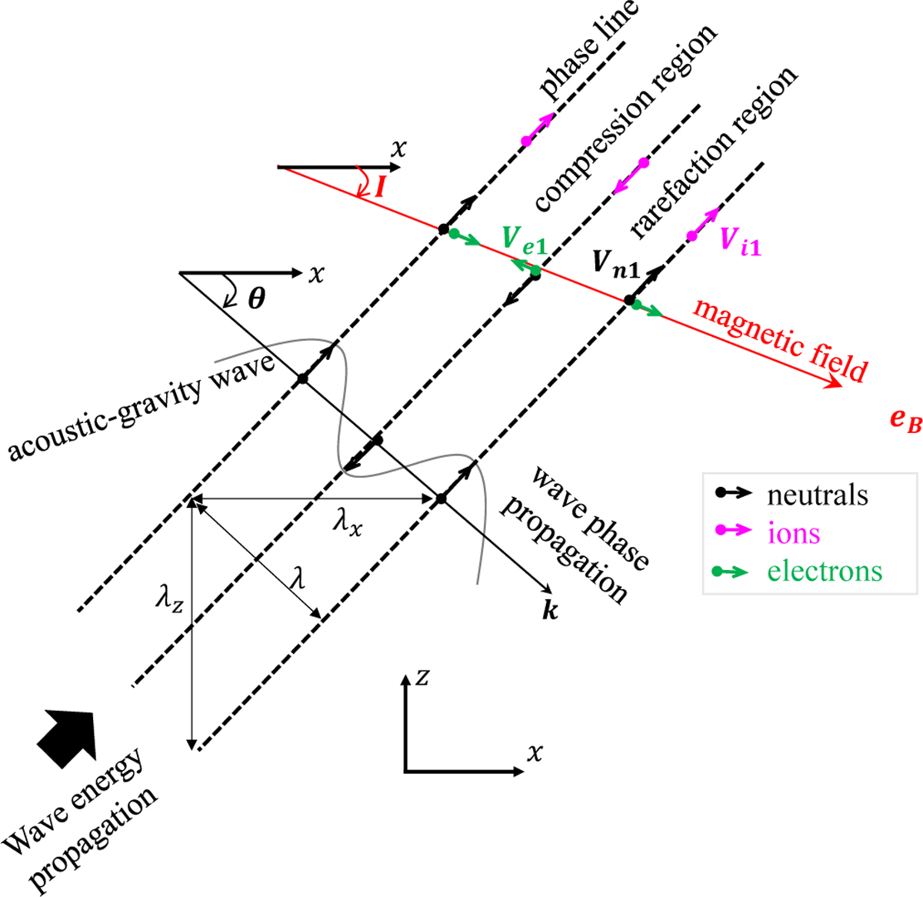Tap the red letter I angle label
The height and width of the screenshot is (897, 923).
pos(379,187)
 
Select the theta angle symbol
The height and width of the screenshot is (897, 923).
pos(257,298)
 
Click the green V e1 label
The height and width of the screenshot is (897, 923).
pos(525,239)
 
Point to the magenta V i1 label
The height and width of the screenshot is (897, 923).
pos(741,242)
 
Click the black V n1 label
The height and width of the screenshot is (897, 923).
pos(616,264)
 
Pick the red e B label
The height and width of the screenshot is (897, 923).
pos(905,421)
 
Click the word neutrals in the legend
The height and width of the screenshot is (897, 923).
pos(817,495)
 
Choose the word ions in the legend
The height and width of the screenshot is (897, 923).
pos(794,532)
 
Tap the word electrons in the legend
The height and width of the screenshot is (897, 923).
pos(825,571)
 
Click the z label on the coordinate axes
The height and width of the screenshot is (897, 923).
pos(422,678)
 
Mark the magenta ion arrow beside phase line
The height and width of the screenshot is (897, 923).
pos(539,127)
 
